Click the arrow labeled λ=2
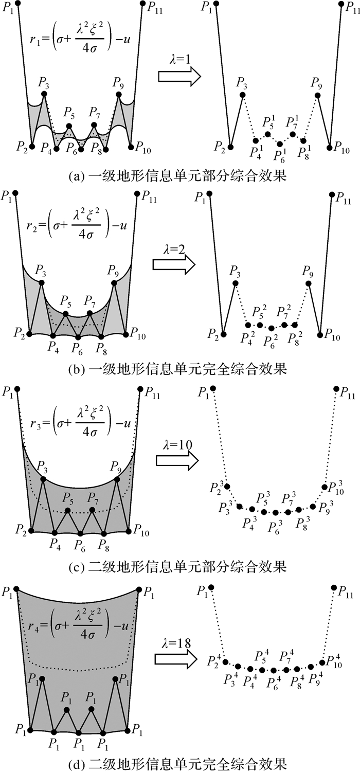(x=174, y=264)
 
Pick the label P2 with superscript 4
(x=214, y=660)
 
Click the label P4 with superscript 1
(x=256, y=152)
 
